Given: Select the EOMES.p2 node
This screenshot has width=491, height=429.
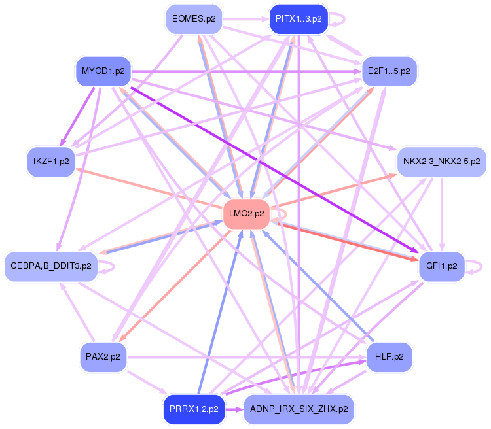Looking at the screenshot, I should tap(193, 19).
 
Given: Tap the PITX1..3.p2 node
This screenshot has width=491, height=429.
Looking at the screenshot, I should tap(298, 19).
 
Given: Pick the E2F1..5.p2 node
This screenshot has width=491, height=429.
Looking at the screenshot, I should tap(389, 71).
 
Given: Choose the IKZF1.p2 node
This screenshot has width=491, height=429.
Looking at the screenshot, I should tap(51, 160).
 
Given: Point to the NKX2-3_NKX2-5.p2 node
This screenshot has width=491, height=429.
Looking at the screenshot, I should tap(441, 161).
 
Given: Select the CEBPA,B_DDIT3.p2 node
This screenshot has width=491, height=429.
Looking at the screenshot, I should tap(51, 266).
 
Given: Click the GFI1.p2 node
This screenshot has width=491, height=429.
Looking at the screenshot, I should tap(441, 266).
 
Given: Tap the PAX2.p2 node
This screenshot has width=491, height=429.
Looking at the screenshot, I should tap(103, 357).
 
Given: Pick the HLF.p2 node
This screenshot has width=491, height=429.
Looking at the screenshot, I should tap(390, 357).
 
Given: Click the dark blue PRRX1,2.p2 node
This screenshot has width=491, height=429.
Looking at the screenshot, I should tap(193, 410).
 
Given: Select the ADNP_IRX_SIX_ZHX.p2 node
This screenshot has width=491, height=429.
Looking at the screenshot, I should tap(298, 410).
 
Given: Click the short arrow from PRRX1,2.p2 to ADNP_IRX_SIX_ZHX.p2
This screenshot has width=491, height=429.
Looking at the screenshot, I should tap(234, 410).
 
